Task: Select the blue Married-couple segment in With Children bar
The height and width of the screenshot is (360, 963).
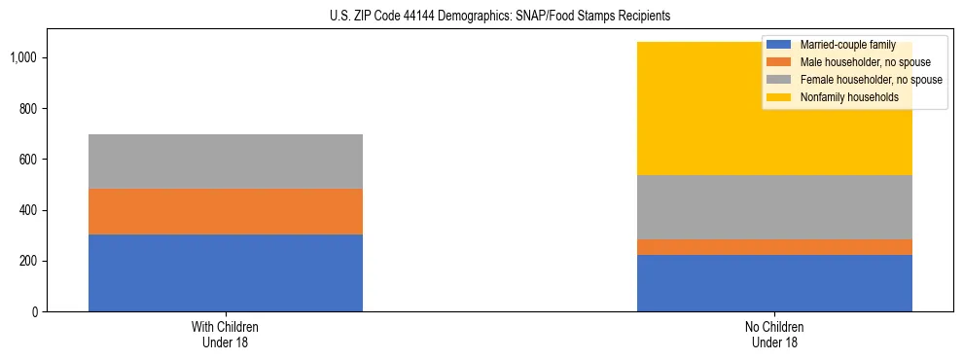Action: [226, 272]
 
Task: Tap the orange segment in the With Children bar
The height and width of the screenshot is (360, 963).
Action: [226, 211]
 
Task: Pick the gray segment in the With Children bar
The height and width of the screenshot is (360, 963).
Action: [226, 162]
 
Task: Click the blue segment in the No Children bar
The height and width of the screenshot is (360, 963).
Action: [774, 283]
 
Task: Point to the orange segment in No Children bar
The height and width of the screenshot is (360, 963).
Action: [774, 247]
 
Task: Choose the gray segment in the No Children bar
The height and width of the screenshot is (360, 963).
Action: [774, 207]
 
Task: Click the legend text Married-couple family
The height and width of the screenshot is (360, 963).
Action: [847, 45]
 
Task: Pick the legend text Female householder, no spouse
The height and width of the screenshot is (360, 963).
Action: [871, 80]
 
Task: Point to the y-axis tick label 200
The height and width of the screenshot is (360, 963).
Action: [29, 262]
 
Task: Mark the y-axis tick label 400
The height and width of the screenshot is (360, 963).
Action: [29, 211]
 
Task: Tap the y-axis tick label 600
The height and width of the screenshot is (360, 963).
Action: [29, 160]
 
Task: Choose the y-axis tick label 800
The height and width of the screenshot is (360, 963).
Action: [29, 109]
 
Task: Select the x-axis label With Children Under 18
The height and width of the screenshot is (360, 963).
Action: [226, 335]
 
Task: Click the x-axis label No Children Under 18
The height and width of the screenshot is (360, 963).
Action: [774, 335]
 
